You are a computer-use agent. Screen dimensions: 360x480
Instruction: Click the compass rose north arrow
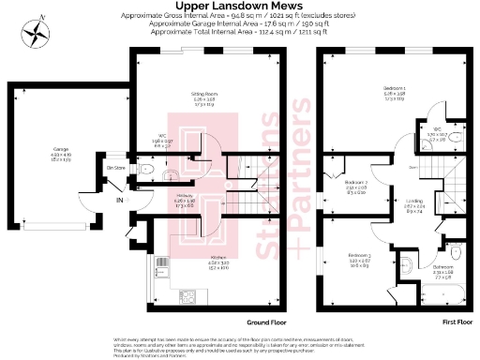[37, 33]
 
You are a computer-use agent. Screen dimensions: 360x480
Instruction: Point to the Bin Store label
[116, 168]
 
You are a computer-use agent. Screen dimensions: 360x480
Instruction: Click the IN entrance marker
[118, 200]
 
